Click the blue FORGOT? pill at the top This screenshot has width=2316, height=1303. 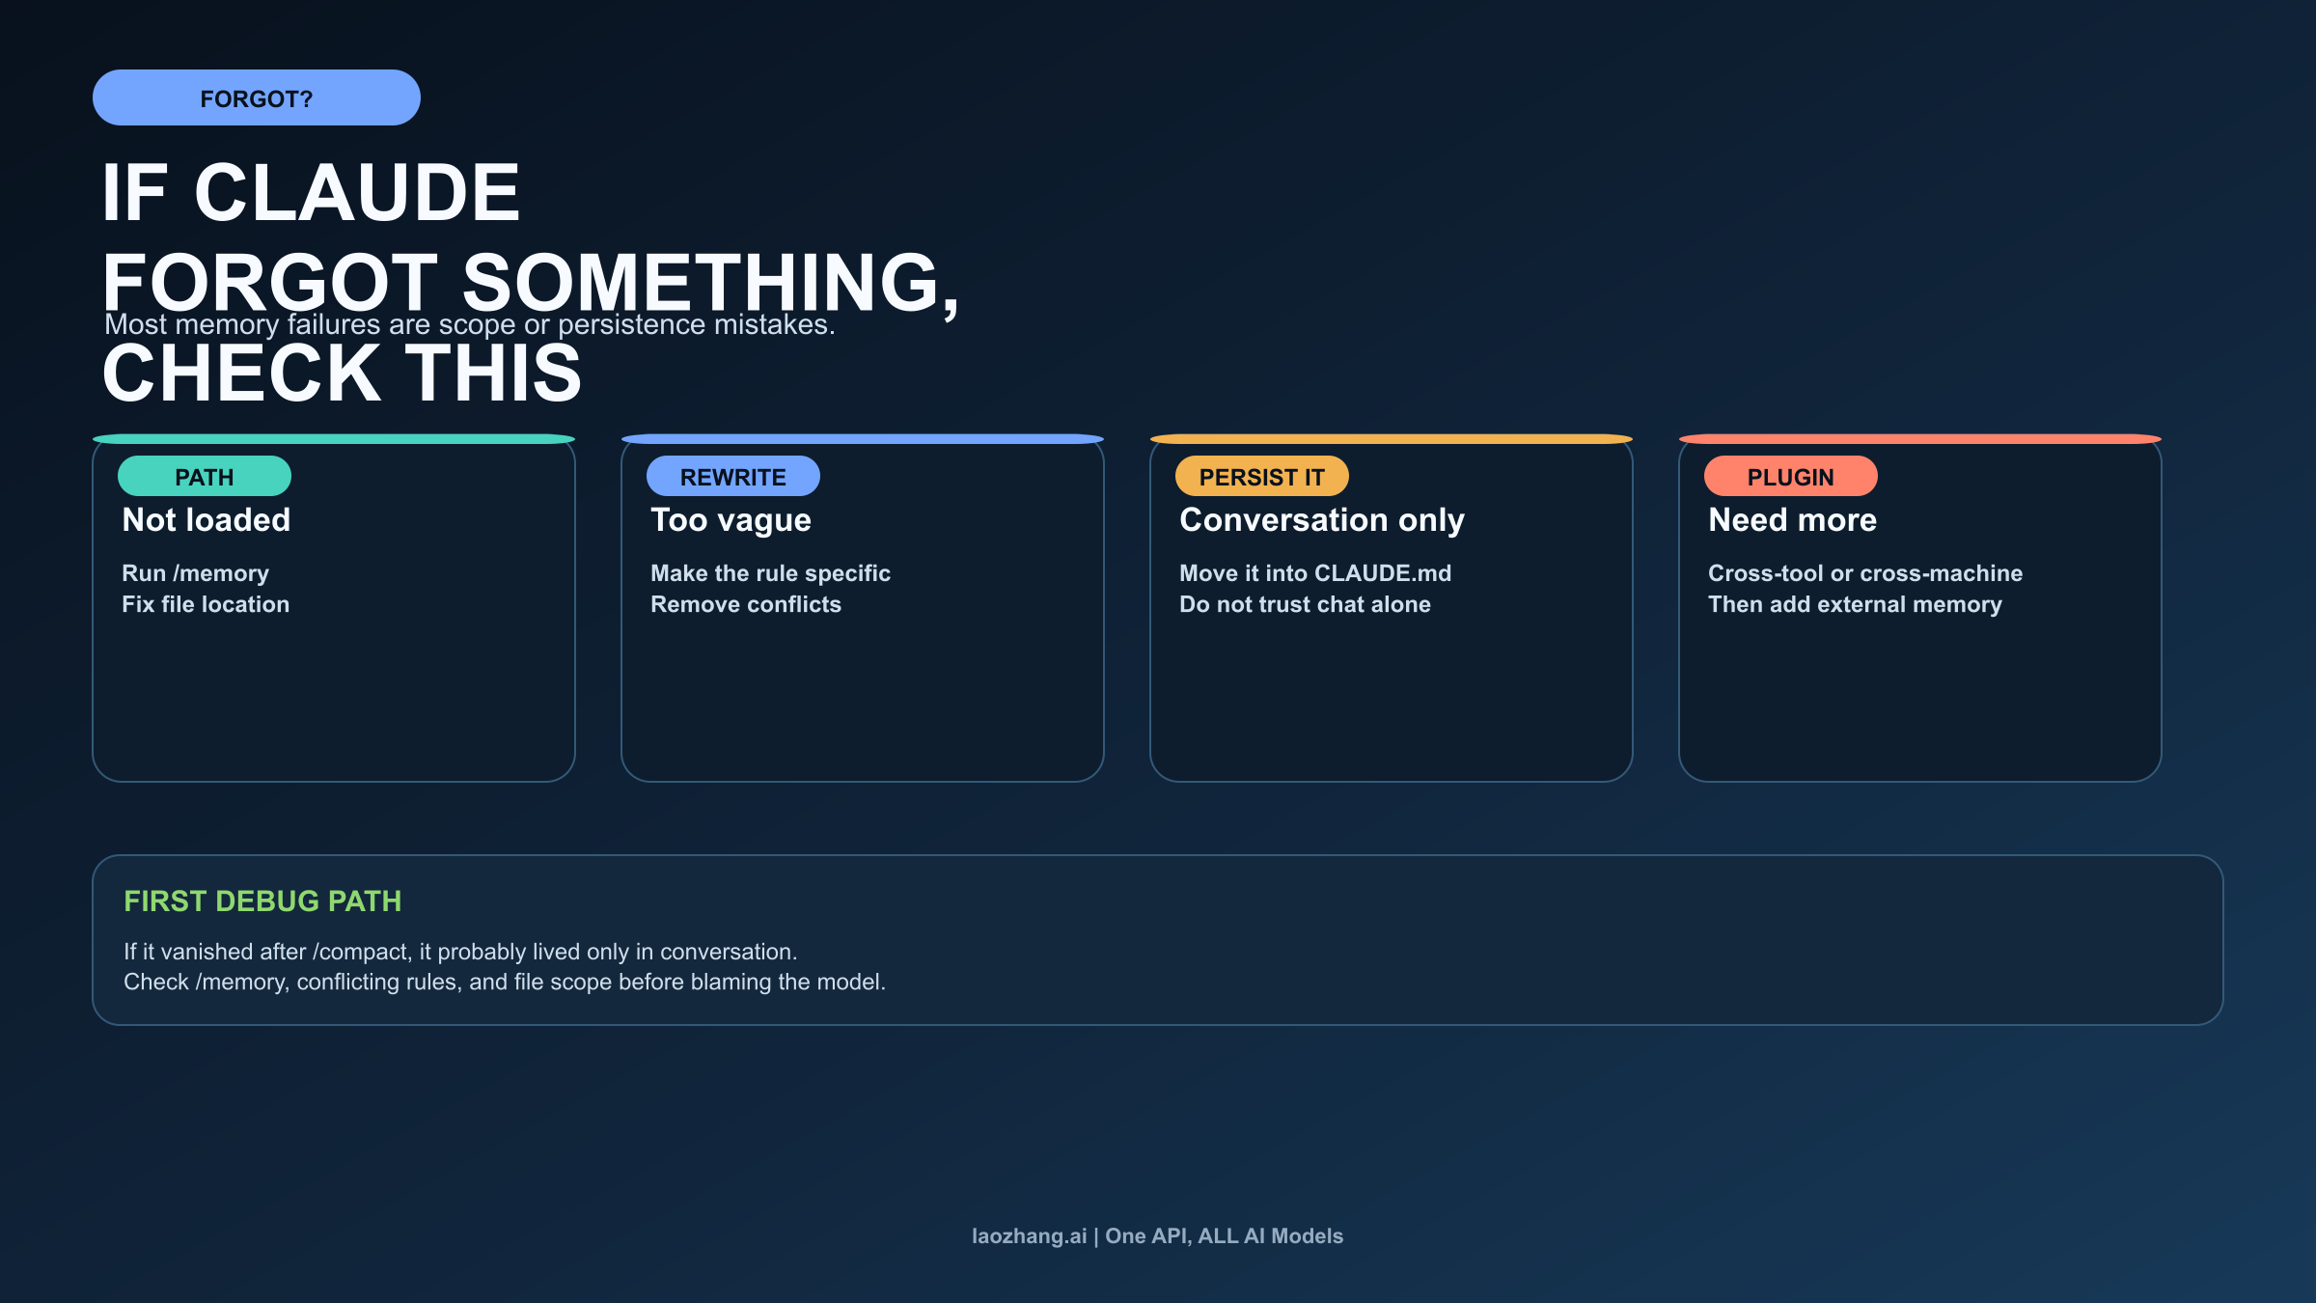click(x=256, y=97)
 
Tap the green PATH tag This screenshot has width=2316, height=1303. click(x=204, y=477)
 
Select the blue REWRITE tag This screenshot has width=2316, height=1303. click(x=732, y=477)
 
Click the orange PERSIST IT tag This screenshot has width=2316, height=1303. click(x=1261, y=477)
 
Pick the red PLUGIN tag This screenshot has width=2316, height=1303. click(x=1790, y=477)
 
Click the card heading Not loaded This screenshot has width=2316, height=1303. click(x=206, y=520)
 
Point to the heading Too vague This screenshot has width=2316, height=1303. click(x=731, y=520)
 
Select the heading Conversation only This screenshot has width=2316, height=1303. click(x=1321, y=520)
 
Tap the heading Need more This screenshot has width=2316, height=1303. click(x=1792, y=520)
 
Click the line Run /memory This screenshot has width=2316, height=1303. click(x=195, y=573)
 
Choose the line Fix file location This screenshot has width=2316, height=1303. click(x=206, y=604)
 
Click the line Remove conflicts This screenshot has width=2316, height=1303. click(x=745, y=604)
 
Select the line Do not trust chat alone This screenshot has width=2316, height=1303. click(x=1305, y=604)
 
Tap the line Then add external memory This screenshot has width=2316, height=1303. click(x=1855, y=604)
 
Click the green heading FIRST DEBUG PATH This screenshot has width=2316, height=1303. click(x=262, y=901)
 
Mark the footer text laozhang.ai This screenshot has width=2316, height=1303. click(x=1029, y=1236)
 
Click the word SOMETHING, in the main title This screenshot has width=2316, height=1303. click(x=710, y=282)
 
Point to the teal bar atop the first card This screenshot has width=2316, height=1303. click(x=334, y=439)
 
